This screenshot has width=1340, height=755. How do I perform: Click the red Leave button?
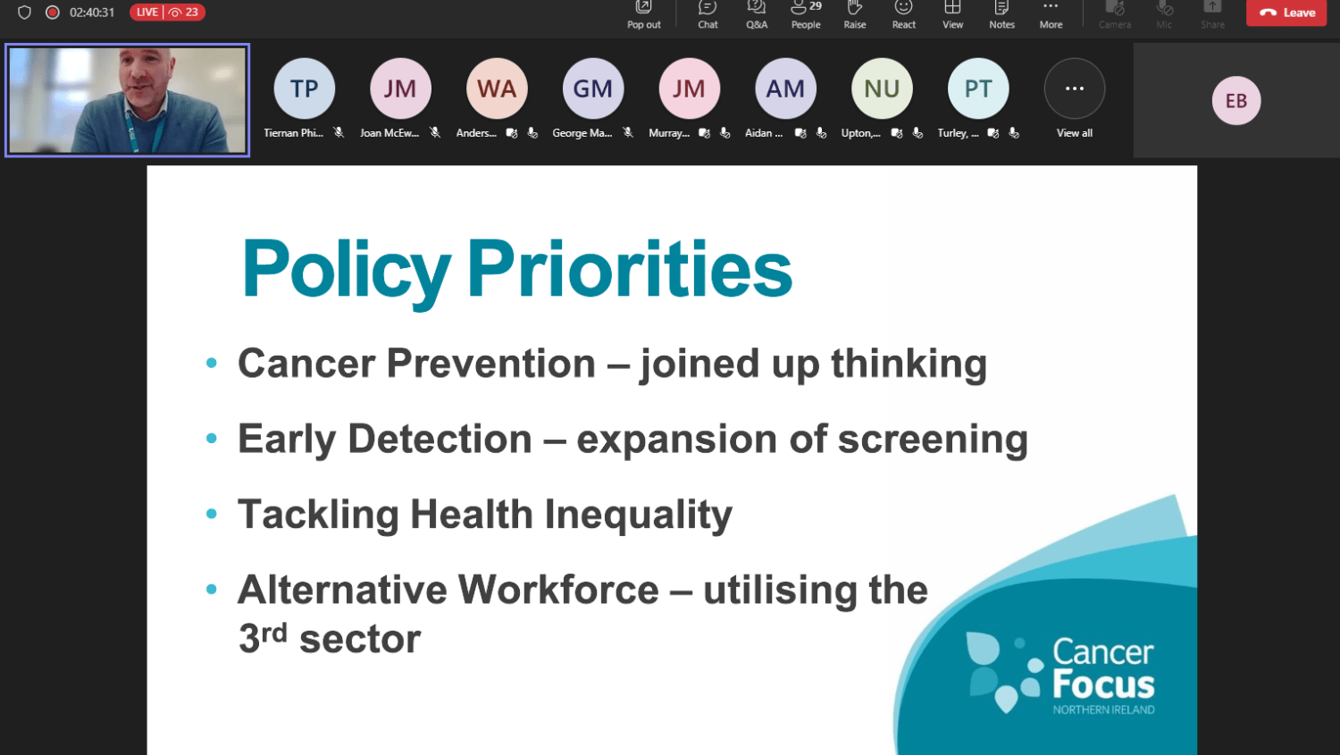point(1286,13)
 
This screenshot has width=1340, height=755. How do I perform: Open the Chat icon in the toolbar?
point(708,14)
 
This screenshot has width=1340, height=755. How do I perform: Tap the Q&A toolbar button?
point(757,14)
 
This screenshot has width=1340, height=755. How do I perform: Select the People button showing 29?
point(806,14)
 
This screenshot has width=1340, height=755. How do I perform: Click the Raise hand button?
point(855,14)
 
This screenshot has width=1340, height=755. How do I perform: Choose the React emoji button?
point(904,14)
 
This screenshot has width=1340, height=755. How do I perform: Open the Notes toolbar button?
point(1002,14)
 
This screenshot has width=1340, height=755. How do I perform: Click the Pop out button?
point(644,14)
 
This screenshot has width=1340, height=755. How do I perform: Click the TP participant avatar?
point(304,88)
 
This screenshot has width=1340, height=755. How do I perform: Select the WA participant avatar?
point(497,88)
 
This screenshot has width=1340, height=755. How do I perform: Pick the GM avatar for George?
point(593,88)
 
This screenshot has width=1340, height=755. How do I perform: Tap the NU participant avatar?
point(882,88)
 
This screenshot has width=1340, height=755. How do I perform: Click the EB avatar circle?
point(1236,100)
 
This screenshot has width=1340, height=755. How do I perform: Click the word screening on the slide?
point(933,440)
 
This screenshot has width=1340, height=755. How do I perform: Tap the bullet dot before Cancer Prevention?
point(211,363)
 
